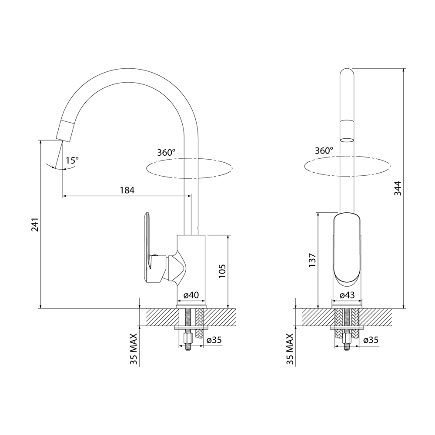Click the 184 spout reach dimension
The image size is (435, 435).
(127, 191)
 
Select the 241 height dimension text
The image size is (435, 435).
(35, 224)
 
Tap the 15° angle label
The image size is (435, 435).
(72, 161)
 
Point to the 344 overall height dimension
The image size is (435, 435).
(398, 188)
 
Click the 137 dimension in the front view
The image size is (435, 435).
(312, 260)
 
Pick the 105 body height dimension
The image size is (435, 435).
(222, 271)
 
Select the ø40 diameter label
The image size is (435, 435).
(191, 295)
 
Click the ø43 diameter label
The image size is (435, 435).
(347, 295)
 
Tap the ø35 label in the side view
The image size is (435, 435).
(214, 340)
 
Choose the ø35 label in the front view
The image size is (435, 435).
(370, 340)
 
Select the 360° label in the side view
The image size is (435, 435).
(166, 153)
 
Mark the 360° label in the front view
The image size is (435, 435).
(324, 151)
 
